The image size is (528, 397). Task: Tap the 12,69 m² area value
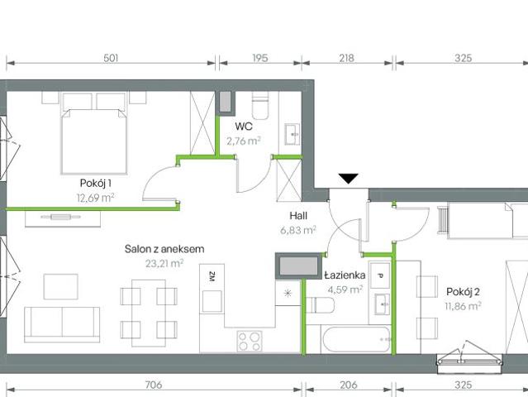point(95,197)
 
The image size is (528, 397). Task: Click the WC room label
point(243,127)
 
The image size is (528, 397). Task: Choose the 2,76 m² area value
point(243,141)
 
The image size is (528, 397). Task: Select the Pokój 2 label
point(463,291)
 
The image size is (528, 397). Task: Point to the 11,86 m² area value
point(463,305)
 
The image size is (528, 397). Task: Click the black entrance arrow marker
point(349,178)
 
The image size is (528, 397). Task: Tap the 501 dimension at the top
point(112,58)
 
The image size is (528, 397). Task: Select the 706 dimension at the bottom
point(152,385)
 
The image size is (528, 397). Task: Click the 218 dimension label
point(347,58)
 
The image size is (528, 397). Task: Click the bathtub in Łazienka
point(348,337)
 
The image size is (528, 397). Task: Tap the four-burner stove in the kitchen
point(250,339)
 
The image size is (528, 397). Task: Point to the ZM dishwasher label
point(212,277)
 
